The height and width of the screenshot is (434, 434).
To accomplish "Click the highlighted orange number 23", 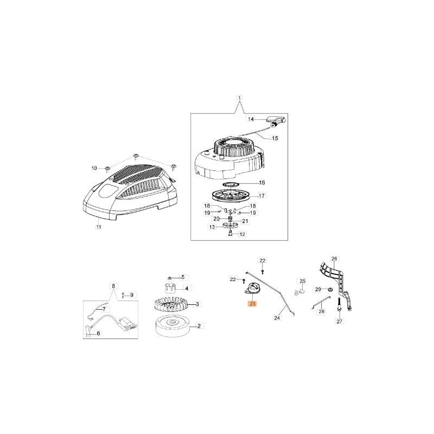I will click(x=252, y=305).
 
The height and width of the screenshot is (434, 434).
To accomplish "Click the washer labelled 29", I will click(x=329, y=289).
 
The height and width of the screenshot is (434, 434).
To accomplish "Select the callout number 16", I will click(x=261, y=183).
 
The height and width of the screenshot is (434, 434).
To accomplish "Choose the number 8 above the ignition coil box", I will click(x=113, y=285).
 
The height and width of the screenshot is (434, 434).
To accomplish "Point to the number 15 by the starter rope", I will click(x=275, y=138).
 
